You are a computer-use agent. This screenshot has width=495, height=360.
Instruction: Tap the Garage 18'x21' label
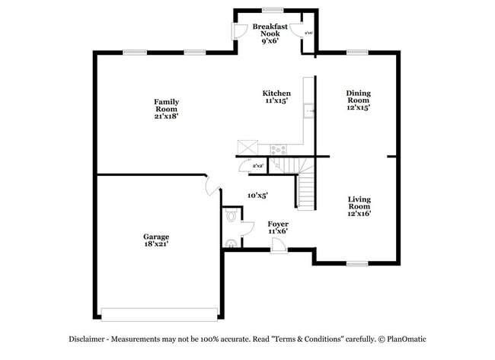coord(155,241)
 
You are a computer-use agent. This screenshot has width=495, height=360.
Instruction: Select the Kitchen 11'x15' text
coord(276,97)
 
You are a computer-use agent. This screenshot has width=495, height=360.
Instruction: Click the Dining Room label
coord(358,100)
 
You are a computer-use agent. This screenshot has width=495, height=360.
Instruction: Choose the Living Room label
coord(359,206)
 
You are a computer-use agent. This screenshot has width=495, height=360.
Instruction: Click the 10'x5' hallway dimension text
coord(257,196)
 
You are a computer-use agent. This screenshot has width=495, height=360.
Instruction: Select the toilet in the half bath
coord(232,217)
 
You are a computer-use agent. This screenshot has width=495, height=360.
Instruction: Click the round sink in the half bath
coord(231,244)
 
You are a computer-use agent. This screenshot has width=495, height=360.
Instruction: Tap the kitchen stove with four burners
coord(278,149)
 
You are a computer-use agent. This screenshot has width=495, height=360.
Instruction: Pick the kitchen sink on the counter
coord(310,113)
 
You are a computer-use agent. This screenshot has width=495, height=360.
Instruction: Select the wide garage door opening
coord(159,314)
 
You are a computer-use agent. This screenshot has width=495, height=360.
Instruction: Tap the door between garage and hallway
coord(212,185)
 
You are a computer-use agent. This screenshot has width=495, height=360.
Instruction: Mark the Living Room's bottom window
coord(356,263)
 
